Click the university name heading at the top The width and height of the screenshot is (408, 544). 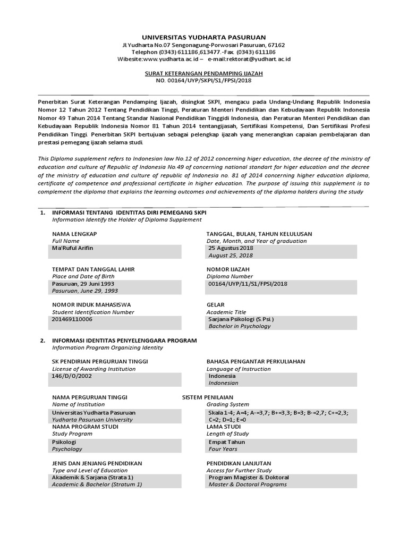(205, 38)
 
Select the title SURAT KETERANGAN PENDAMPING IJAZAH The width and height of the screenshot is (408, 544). (204, 73)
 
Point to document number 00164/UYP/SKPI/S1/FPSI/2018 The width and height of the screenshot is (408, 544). (204, 81)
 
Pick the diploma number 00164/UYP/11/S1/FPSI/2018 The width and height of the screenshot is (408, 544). (248, 284)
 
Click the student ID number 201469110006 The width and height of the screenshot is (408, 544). (72, 319)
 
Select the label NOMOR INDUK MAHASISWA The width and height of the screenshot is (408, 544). (91, 304)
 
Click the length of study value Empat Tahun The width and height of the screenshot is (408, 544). (227, 441)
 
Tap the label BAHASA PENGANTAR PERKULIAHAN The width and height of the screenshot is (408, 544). (256, 361)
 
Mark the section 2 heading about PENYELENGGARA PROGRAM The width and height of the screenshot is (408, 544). (124, 340)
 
